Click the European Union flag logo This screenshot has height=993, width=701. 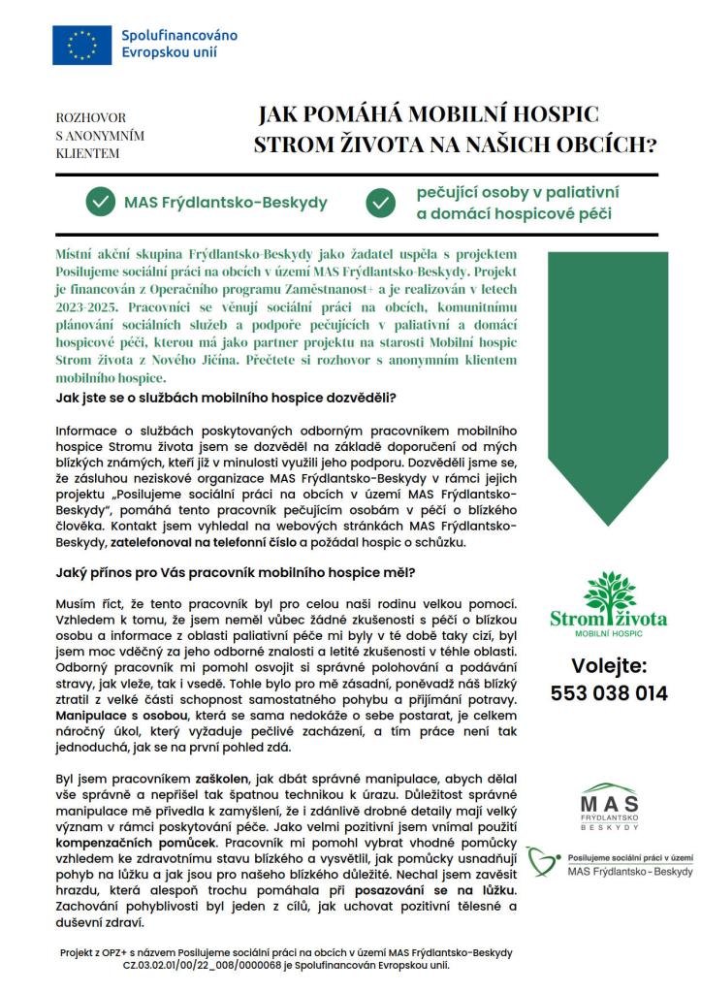pos(82,46)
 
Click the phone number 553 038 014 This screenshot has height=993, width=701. pos(609,693)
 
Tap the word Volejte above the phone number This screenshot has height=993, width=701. pos(608,665)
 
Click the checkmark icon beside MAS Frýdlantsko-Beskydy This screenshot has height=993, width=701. pos(99,203)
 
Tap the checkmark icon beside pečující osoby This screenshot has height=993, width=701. pos(380,203)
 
